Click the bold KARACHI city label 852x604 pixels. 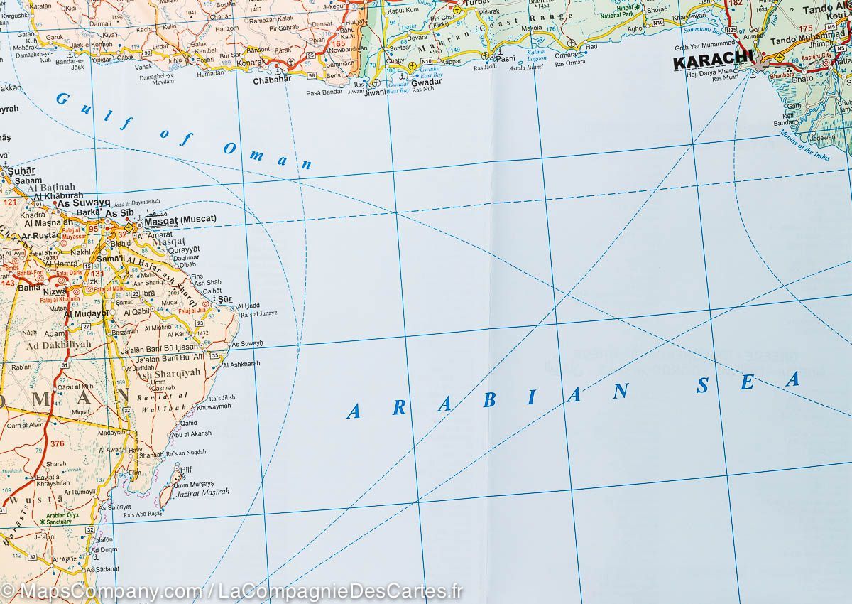(x=712, y=62)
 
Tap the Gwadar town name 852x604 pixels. (x=426, y=82)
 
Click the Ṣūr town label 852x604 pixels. (x=225, y=299)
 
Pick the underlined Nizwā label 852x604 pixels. (x=54, y=291)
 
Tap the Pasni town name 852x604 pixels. (x=506, y=59)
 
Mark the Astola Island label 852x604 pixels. (x=526, y=67)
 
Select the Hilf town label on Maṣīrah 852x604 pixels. (x=186, y=470)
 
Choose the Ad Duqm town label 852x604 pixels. (x=104, y=549)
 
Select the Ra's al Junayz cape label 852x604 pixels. (x=258, y=313)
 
